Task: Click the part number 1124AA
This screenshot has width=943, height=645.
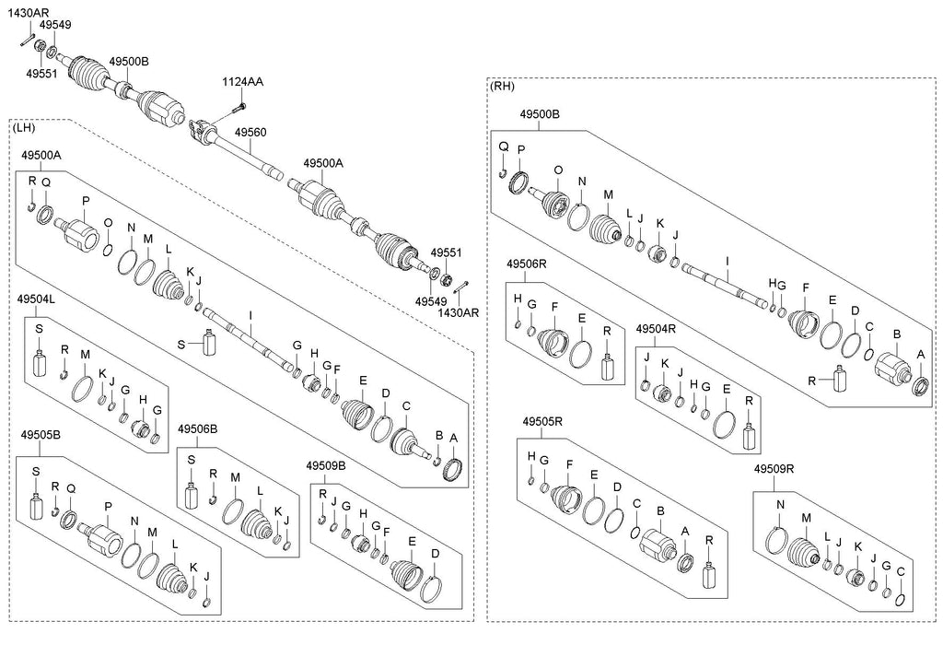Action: point(242,82)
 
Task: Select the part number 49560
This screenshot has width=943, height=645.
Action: point(250,133)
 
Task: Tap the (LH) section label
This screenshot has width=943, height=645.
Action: point(25,126)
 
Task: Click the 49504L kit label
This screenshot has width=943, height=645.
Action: point(37,299)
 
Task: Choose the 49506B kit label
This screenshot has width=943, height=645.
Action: point(197,429)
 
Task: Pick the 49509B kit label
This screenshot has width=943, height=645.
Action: point(325,466)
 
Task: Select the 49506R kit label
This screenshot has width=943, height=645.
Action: point(527,264)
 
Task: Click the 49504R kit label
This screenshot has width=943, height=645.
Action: point(656,328)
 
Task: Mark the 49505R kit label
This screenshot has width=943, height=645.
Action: point(542,422)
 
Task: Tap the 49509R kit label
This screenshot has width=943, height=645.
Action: point(774,469)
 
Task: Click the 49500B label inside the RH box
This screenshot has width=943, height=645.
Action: point(539,115)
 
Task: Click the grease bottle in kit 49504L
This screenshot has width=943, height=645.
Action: point(39,361)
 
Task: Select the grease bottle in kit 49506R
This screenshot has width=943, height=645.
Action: point(607,365)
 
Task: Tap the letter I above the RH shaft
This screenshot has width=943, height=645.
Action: point(727,262)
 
